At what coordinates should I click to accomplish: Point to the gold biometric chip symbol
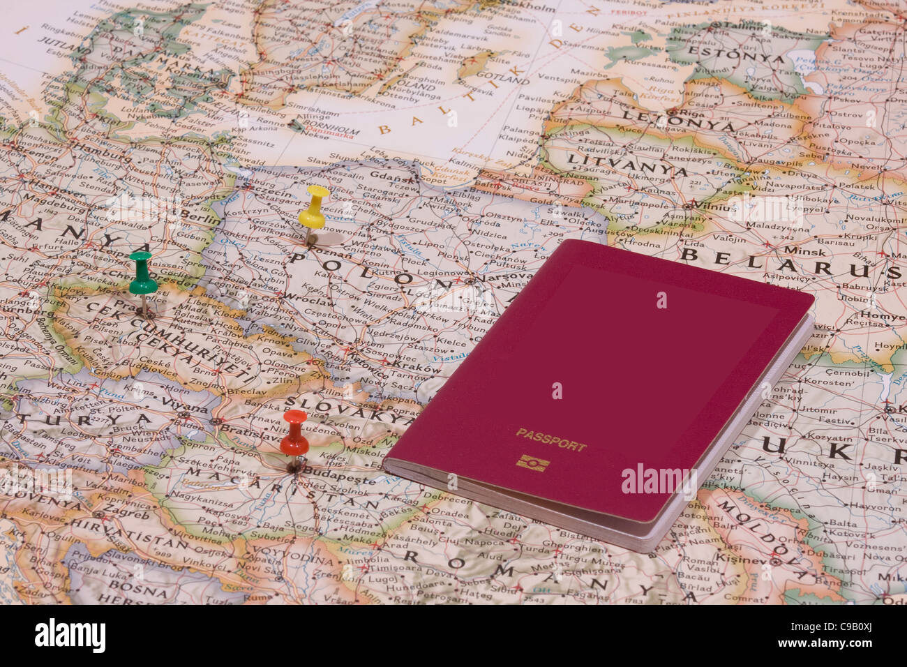coord(533,463)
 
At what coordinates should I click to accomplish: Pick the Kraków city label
coord(407,365)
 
